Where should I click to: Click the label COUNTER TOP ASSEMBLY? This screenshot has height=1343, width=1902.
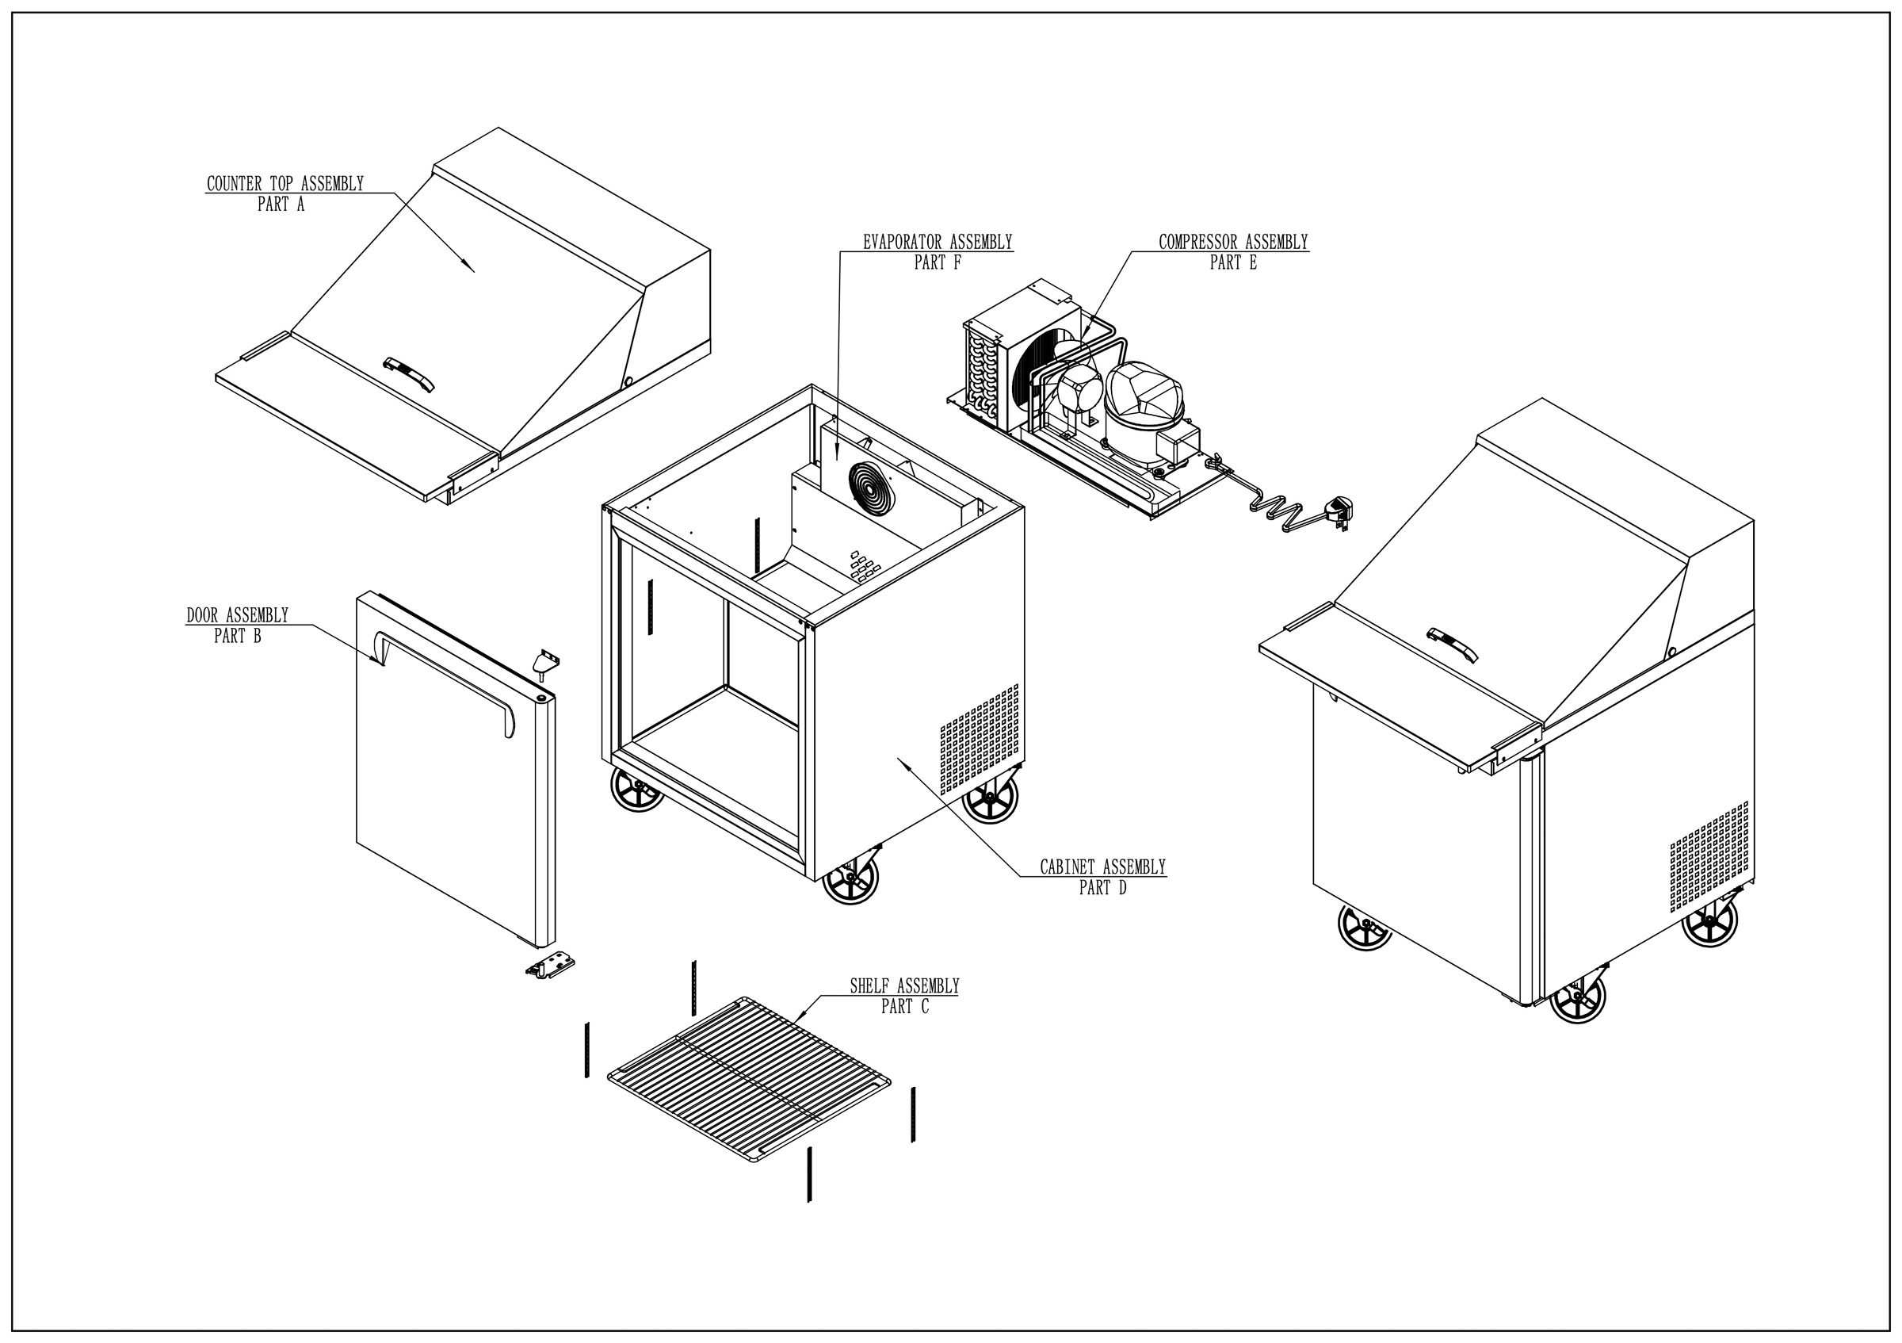pos(285,183)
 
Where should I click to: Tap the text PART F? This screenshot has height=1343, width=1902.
pos(937,262)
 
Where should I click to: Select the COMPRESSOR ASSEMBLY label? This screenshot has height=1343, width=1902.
pos(1232,242)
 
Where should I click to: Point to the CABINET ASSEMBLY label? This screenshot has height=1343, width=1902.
pos(1102,867)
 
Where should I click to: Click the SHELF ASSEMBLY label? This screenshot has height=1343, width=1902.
pos(903,986)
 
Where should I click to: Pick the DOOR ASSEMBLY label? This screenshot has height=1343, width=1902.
pos(237,614)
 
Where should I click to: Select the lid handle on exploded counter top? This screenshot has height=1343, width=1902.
pos(408,373)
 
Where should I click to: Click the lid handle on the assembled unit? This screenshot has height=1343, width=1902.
pos(1452,645)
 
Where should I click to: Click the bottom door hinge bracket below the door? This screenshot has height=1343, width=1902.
pos(552,966)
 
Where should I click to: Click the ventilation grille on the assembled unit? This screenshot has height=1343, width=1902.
pos(1708,856)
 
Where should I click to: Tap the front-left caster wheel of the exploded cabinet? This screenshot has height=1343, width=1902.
pos(637,789)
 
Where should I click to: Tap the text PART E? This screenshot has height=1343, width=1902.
pos(1232,262)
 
